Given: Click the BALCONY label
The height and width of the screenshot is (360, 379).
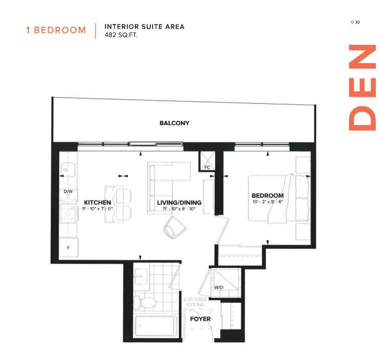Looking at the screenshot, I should (x=174, y=123).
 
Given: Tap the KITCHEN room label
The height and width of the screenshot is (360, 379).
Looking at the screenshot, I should (x=97, y=203).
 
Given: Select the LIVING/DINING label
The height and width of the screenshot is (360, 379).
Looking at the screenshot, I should (x=179, y=203).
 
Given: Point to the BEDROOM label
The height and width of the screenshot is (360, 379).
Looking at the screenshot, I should (x=268, y=196).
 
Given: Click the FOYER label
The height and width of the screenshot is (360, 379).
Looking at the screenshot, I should (x=200, y=319).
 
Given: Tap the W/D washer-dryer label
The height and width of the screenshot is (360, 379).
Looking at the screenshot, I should (x=219, y=287).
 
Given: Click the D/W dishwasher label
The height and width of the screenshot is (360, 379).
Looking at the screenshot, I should (x=68, y=192).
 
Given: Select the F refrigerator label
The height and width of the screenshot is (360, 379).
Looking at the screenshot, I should (x=68, y=248).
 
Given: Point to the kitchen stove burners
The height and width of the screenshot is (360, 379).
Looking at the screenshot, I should (x=69, y=214).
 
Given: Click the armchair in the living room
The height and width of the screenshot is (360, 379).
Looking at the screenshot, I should (x=174, y=228).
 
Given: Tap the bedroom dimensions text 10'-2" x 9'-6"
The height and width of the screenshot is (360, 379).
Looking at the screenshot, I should (x=268, y=203).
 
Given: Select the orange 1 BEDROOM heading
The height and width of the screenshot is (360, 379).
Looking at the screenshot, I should (x=56, y=30).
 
